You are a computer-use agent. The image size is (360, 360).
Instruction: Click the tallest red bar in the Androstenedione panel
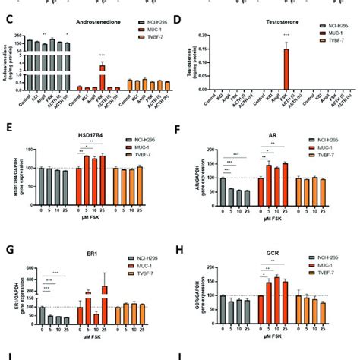pyautogui.click(x=102, y=77)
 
